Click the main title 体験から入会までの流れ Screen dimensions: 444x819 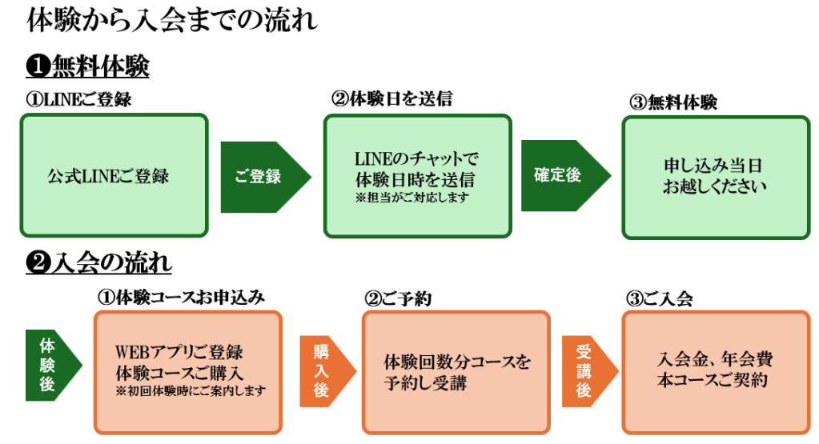click(x=171, y=20)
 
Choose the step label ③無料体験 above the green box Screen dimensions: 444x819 click(x=673, y=102)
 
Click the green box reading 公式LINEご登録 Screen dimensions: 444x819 click(x=113, y=176)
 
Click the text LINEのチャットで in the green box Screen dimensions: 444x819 click(x=416, y=158)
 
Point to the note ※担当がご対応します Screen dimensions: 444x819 click(x=416, y=196)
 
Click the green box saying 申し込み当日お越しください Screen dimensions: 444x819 click(x=715, y=176)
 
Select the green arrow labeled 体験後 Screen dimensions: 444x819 click(x=51, y=365)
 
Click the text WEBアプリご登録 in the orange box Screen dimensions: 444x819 click(x=179, y=352)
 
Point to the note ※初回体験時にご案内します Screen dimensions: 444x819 click(x=190, y=390)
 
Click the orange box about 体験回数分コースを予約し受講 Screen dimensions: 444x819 click(x=456, y=373)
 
